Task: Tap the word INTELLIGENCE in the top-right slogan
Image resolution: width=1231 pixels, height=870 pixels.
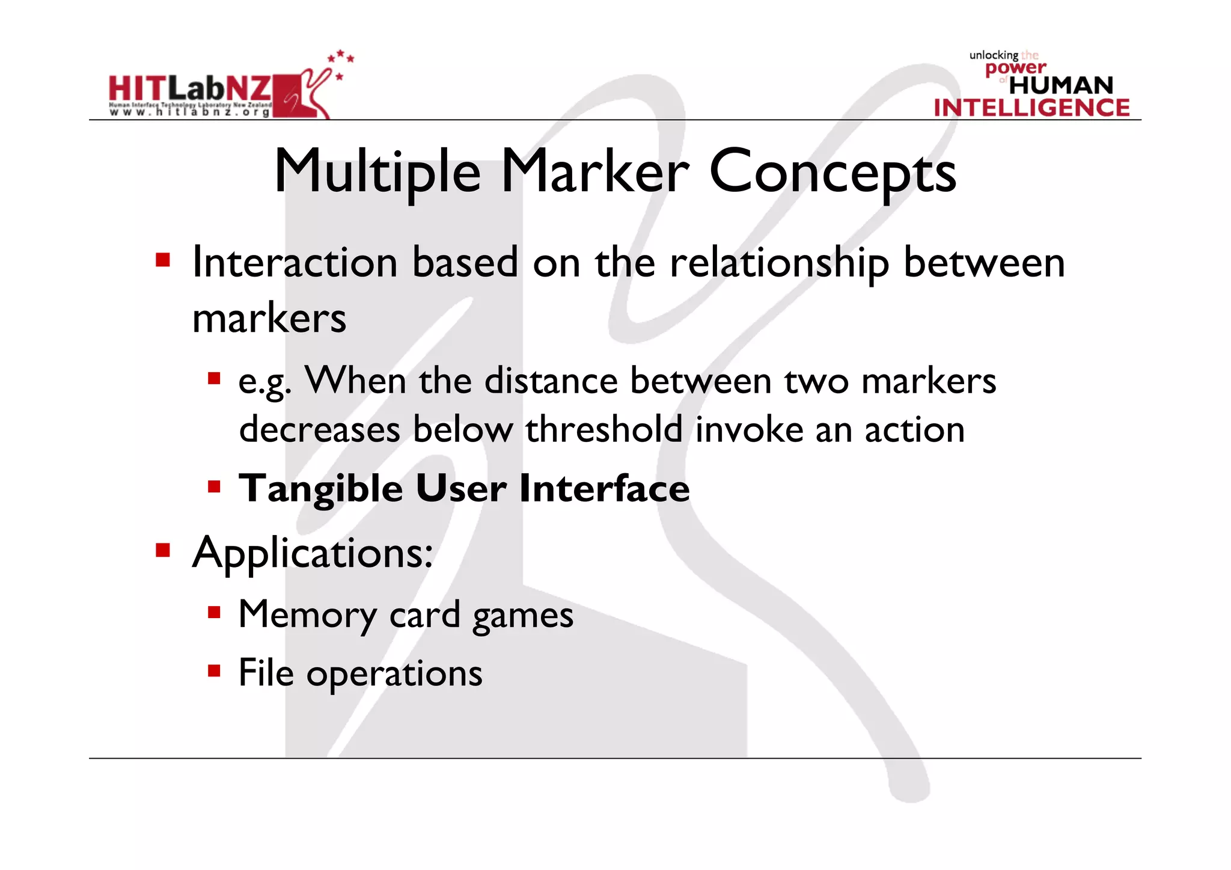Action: pyautogui.click(x=1031, y=108)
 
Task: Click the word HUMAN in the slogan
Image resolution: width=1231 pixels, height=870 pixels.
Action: pyautogui.click(x=1061, y=85)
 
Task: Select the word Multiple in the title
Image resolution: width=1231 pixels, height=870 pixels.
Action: pyautogui.click(x=377, y=172)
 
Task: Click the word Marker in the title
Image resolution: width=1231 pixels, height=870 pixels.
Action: pyautogui.click(x=595, y=172)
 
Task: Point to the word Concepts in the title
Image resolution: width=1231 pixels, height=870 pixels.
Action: pyautogui.click(x=832, y=172)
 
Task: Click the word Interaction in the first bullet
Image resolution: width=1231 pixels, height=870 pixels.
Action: pyautogui.click(x=295, y=263)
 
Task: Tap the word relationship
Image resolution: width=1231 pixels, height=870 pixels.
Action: pyautogui.click(x=779, y=263)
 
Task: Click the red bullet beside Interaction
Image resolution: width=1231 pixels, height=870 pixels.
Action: pyautogui.click(x=162, y=260)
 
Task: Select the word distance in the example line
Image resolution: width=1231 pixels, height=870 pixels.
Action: pyautogui.click(x=551, y=381)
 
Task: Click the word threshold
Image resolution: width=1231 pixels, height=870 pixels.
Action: pyautogui.click(x=604, y=429)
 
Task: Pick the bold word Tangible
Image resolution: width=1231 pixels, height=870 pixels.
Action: pyautogui.click(x=320, y=488)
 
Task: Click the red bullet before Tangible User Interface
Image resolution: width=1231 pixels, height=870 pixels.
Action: pyautogui.click(x=214, y=486)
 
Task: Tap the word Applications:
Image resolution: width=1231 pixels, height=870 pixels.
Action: pyautogui.click(x=313, y=553)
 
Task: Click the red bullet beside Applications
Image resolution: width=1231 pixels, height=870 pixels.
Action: pyautogui.click(x=162, y=550)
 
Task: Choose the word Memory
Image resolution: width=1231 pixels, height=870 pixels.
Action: pyautogui.click(x=307, y=614)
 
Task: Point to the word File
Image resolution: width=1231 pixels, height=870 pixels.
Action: pyautogui.click(x=266, y=672)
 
